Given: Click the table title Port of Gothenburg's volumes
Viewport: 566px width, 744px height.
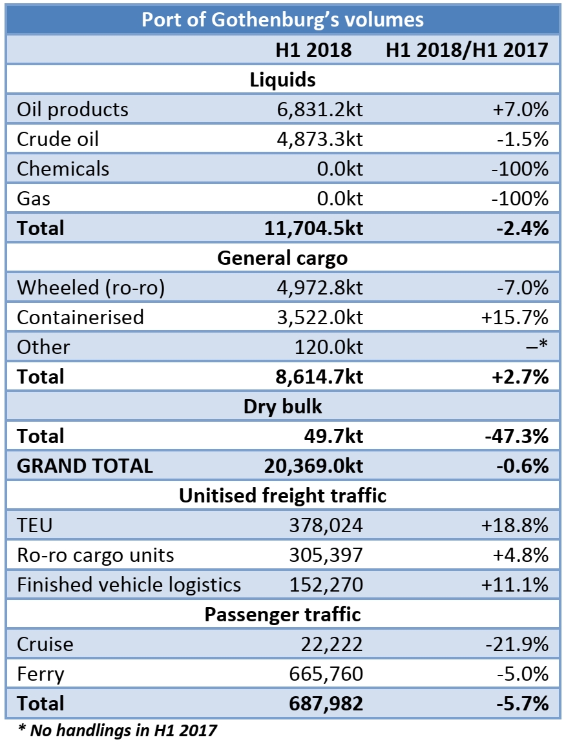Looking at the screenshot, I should [282, 19].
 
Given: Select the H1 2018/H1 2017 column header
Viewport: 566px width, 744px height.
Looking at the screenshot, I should [466, 50].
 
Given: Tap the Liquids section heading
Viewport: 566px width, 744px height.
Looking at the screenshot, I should [282, 80].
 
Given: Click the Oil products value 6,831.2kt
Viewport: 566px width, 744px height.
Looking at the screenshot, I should [315, 110].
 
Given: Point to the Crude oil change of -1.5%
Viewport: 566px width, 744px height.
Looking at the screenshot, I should [521, 139].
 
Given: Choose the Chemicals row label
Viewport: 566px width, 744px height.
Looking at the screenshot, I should [63, 169].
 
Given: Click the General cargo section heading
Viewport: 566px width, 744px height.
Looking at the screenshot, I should [282, 258].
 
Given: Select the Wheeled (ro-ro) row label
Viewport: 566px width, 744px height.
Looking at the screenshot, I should [91, 287].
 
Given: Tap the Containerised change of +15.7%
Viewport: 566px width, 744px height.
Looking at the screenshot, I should [515, 317].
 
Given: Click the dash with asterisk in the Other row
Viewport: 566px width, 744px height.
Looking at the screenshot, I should [538, 347].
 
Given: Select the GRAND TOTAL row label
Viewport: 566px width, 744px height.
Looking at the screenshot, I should [85, 466].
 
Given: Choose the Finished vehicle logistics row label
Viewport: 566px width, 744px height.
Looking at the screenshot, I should [129, 584].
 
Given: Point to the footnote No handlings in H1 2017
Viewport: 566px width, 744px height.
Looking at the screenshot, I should [116, 731].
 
